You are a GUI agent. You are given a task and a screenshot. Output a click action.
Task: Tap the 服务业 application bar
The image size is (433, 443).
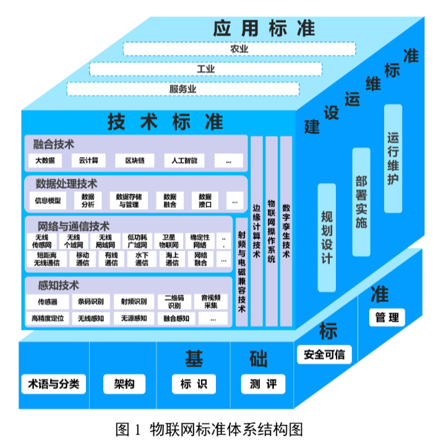click(182, 89)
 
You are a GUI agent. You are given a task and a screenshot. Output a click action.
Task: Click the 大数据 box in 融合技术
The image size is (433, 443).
click(45, 161)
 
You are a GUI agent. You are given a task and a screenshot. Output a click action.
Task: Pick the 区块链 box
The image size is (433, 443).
click(134, 161)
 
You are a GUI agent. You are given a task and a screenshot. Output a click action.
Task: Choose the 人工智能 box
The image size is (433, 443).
click(184, 161)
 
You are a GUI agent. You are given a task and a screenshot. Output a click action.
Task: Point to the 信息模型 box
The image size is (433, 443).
click(48, 200)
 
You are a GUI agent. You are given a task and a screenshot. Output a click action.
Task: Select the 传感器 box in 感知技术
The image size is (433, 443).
click(48, 303)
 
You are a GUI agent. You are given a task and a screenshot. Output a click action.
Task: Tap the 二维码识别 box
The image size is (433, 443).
click(174, 302)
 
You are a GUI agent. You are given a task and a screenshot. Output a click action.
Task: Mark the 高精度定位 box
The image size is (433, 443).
click(48, 319)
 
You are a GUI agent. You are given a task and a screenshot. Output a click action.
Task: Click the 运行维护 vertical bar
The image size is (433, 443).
click(393, 159)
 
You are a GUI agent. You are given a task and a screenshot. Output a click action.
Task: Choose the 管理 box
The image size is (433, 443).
click(387, 318)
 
